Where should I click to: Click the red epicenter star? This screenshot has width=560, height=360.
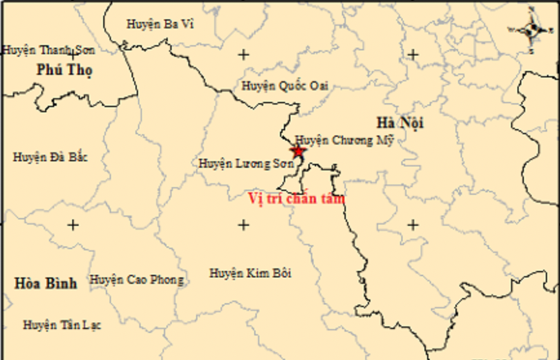click(x=297, y=152)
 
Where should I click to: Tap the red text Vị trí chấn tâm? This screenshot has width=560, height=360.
click(x=297, y=199)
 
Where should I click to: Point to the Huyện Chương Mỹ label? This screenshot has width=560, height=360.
click(x=344, y=140)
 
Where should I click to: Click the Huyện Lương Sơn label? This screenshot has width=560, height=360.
click(x=246, y=164)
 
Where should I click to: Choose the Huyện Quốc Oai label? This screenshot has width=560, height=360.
click(x=285, y=85)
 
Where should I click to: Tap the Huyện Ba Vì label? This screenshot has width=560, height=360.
click(x=160, y=24)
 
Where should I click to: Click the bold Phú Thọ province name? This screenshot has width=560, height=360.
click(x=65, y=70)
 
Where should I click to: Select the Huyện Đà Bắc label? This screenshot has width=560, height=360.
click(x=50, y=157)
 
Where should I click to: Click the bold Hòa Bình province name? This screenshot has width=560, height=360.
click(x=46, y=283)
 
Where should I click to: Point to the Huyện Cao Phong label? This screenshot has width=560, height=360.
click(x=137, y=280)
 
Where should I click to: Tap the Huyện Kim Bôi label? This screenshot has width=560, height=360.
click(x=250, y=273)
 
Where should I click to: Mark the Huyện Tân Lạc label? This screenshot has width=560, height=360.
click(x=62, y=325)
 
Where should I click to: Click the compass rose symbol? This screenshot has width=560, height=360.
click(x=532, y=29)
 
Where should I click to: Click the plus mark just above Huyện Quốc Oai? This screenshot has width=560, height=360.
click(x=243, y=55)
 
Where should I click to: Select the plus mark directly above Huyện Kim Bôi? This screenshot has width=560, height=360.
click(x=243, y=225)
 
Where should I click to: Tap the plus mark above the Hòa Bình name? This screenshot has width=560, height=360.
click(x=73, y=225)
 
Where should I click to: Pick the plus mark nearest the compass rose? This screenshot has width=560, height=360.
click(x=414, y=55)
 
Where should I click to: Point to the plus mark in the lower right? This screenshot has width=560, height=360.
click(x=414, y=225)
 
